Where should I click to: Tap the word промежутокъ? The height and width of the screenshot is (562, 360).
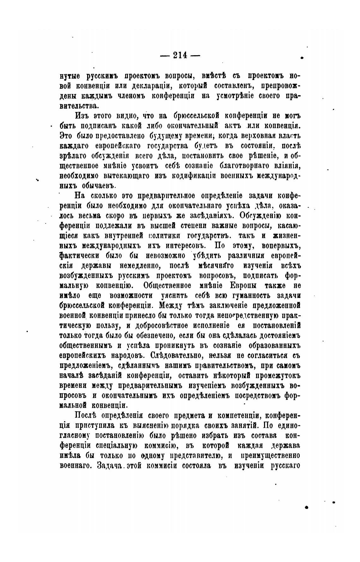(273, 375)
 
